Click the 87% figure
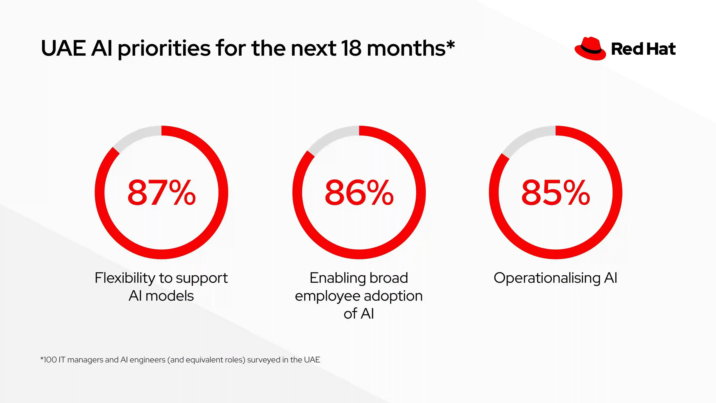[162, 192]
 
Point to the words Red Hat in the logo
[643, 49]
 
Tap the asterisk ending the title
[451, 45]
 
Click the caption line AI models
[161, 296]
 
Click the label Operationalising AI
[555, 278]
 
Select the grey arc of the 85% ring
[527, 140]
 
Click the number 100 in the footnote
[50, 360]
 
